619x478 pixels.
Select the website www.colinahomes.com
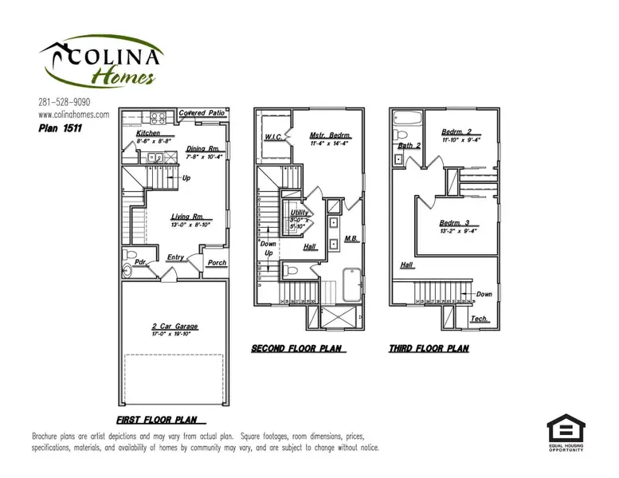73,114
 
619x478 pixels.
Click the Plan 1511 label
61,127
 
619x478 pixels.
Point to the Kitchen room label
149,133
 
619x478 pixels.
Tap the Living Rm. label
187,216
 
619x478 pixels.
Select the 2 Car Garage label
174,327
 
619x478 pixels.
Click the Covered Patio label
202,114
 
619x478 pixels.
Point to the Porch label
217,263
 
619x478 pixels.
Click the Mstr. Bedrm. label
331,136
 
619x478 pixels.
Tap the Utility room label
300,214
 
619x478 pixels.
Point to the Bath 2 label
409,145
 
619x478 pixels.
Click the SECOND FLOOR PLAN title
297,349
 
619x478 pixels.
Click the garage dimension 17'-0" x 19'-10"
174,335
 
